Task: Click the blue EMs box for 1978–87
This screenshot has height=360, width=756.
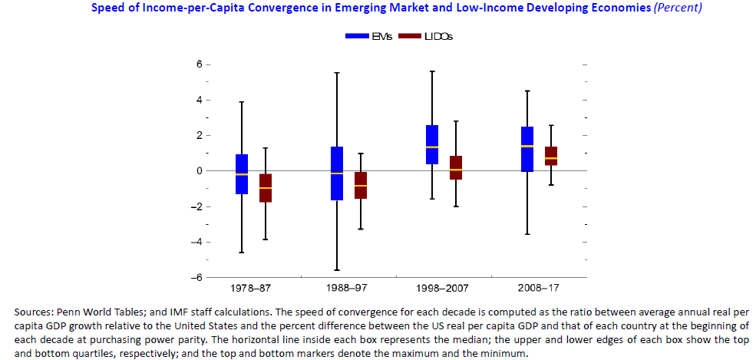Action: click(x=242, y=174)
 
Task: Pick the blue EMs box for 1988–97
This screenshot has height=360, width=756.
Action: click(x=336, y=173)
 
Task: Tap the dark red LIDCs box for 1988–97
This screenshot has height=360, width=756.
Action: click(x=361, y=185)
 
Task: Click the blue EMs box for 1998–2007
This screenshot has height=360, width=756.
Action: click(x=432, y=144)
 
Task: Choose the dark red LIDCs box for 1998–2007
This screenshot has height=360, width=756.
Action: click(x=456, y=167)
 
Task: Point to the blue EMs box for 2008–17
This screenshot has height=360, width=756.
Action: click(x=527, y=149)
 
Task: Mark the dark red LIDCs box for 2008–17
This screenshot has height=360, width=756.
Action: click(x=551, y=156)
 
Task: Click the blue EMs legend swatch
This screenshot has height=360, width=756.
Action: click(x=358, y=36)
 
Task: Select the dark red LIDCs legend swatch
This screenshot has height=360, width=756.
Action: click(x=411, y=36)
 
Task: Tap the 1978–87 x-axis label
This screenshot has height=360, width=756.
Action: click(x=253, y=289)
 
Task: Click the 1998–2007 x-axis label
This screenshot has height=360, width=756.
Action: click(x=444, y=289)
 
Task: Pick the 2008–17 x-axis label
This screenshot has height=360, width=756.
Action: click(x=539, y=289)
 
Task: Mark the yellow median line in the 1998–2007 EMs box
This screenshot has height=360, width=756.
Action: click(x=432, y=147)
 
